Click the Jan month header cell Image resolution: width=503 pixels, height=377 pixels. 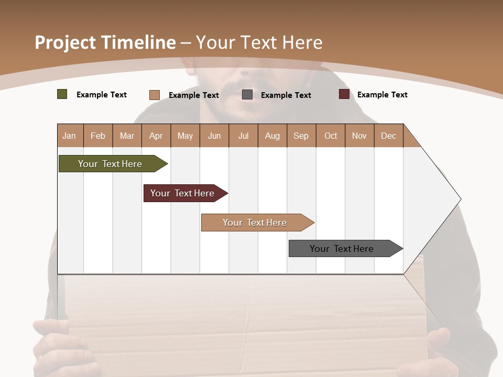tap(70, 136)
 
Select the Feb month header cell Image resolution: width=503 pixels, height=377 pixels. tap(98, 136)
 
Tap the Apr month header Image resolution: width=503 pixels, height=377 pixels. tap(156, 136)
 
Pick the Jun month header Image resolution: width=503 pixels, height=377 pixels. tap(214, 136)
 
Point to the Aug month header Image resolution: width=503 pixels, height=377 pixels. tap(272, 136)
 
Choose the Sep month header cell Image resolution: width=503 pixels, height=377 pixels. tap(301, 136)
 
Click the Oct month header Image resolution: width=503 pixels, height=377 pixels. tap(331, 136)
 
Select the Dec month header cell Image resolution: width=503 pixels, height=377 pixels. tap(389, 136)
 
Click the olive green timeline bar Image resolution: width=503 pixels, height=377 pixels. tap(110, 164)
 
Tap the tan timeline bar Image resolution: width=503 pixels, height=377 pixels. tap(255, 223)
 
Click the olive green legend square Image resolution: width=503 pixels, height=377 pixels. tap(62, 94)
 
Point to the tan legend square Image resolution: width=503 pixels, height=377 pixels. tap(155, 95)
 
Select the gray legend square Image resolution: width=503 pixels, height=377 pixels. tap(247, 95)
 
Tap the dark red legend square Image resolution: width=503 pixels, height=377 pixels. tap(344, 94)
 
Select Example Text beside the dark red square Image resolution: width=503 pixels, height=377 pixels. tap(382, 95)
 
